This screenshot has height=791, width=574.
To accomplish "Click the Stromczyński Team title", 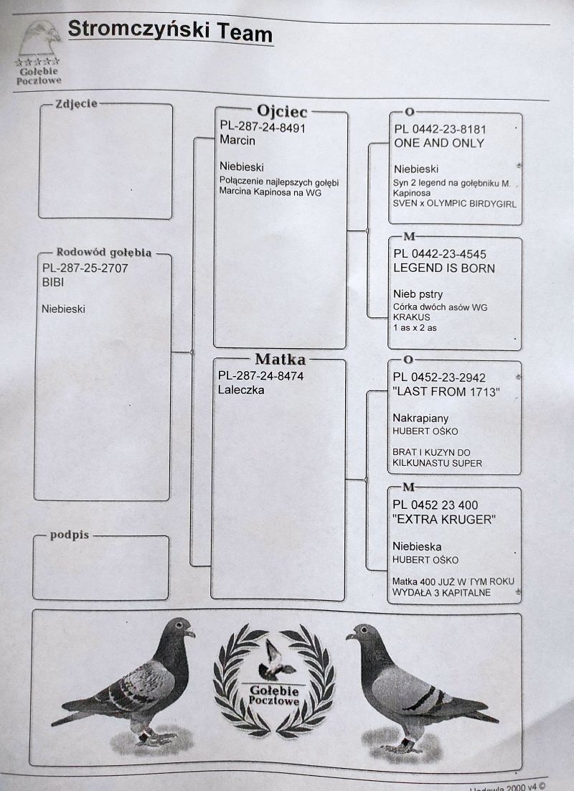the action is tap(170, 32).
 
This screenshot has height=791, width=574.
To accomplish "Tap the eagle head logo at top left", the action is tap(39, 38).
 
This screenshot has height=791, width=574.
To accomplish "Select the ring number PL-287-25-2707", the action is tap(85, 268).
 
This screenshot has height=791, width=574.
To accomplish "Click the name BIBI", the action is tap(53, 282).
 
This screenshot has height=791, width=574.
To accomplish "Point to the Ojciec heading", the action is tap(281, 111).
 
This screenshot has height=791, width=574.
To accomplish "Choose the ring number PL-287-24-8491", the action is tap(263, 128).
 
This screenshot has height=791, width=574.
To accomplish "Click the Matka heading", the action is tap(281, 359).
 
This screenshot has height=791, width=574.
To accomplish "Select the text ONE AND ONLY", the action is tap(439, 144).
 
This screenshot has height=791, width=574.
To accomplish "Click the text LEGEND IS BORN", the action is tap(444, 268).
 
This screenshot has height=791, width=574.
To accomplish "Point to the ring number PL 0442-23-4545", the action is tap(440, 254).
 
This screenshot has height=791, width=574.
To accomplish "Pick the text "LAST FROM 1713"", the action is tap(446, 391).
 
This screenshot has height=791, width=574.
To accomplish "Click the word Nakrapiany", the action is tap(420, 418).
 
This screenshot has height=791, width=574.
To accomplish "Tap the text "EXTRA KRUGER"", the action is tap(444, 520).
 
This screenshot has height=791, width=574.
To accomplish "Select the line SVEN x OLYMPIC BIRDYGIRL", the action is tap(454, 204).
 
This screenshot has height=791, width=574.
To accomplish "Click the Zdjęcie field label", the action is tap(76, 103).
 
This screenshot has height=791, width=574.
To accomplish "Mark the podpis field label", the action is tap(70, 535).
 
